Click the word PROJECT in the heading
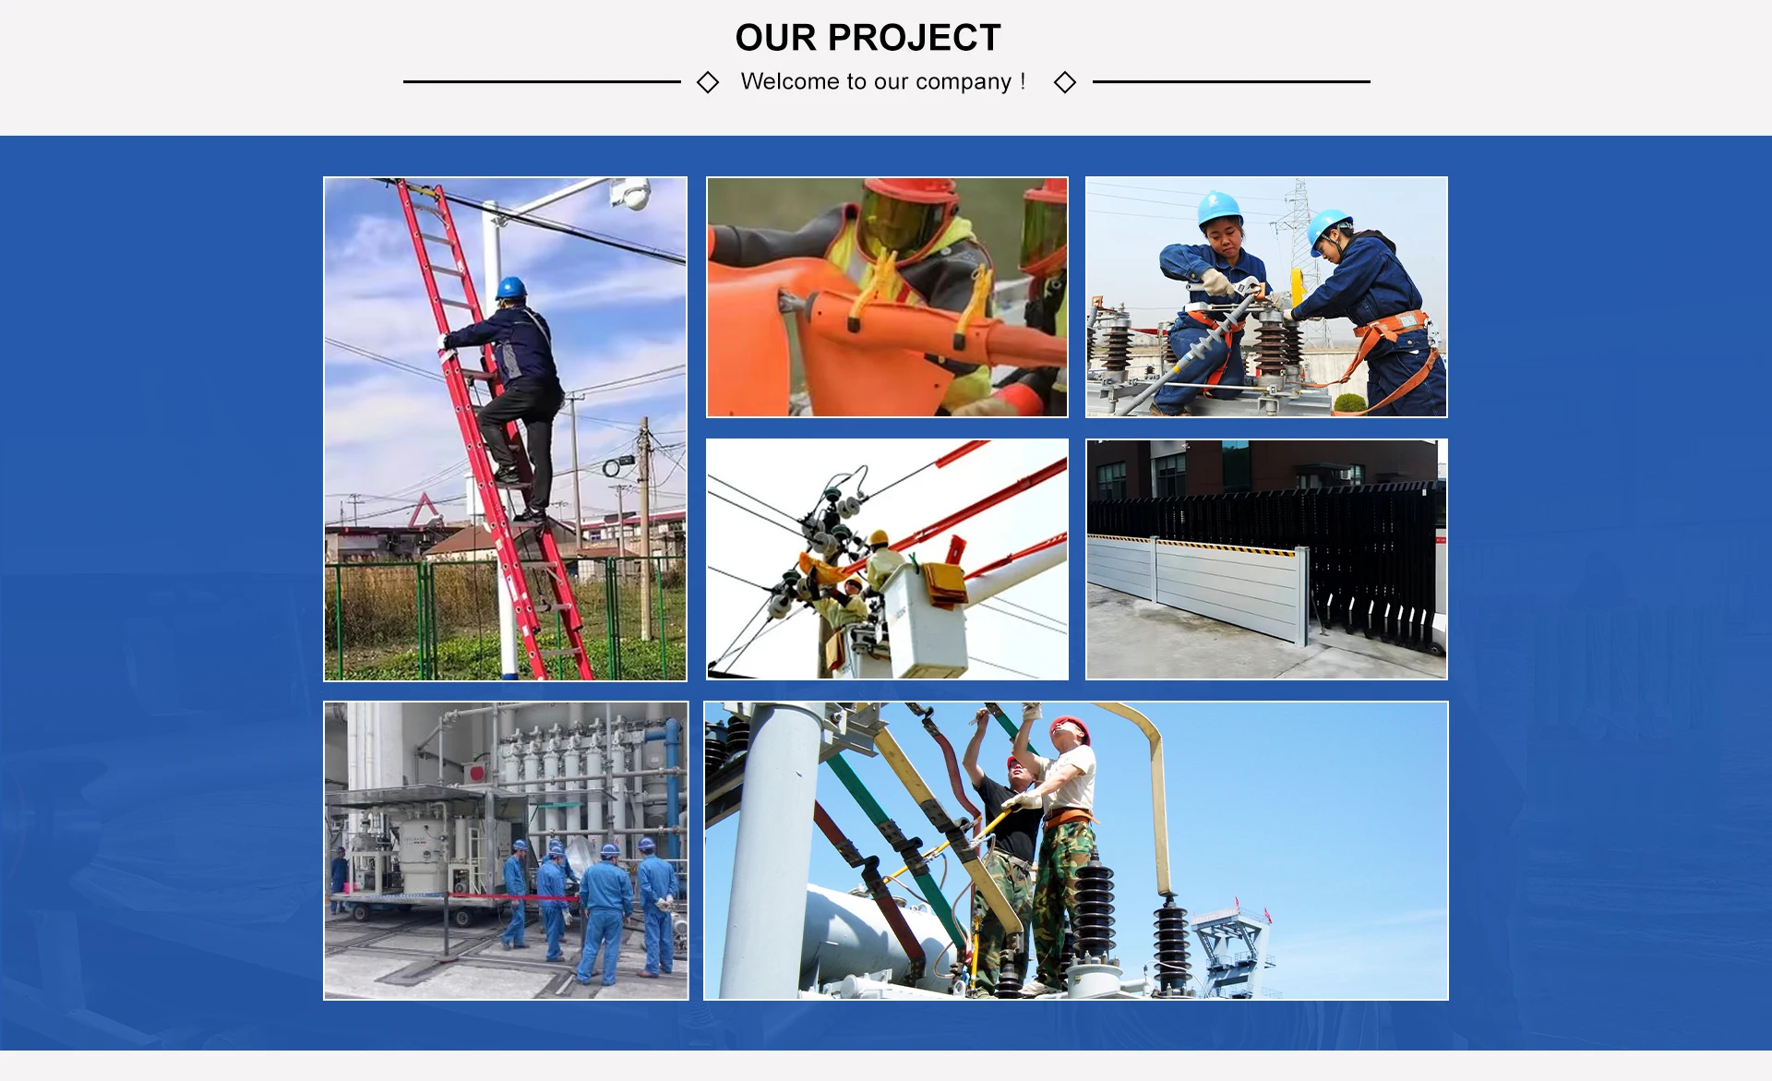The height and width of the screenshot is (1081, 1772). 914,38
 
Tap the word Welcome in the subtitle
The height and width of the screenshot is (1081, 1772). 790,81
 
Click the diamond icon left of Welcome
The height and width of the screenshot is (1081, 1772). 708,82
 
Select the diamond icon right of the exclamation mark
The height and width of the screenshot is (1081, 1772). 1065,82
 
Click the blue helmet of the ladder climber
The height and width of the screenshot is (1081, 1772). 510,288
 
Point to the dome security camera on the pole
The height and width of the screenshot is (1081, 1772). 632,194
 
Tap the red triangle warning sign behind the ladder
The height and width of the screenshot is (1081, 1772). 425,510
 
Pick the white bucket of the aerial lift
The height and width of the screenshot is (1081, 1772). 926,620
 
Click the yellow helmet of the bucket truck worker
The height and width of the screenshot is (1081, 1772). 879,537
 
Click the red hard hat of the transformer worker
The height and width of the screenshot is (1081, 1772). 1072,727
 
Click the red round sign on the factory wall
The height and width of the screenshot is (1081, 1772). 476,772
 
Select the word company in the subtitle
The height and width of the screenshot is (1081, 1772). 964,82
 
